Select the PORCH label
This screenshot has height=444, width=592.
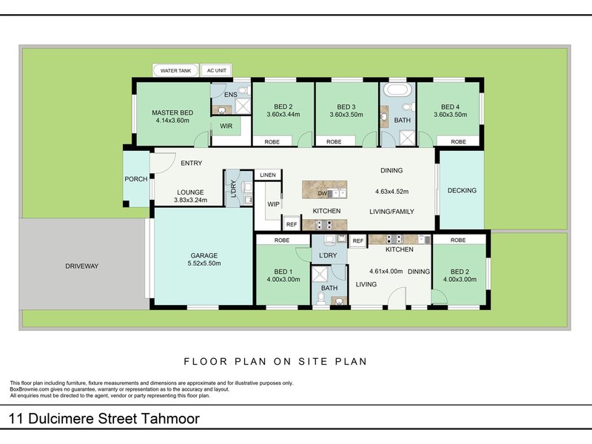[135, 179]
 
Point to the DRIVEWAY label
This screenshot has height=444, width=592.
[81, 266]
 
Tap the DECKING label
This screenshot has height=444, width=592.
[462, 190]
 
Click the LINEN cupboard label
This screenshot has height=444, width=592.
[267, 175]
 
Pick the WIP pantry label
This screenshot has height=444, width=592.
[273, 204]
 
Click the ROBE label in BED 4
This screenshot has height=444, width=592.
[458, 141]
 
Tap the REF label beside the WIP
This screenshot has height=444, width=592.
[292, 224]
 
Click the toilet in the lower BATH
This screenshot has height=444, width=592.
[321, 297]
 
